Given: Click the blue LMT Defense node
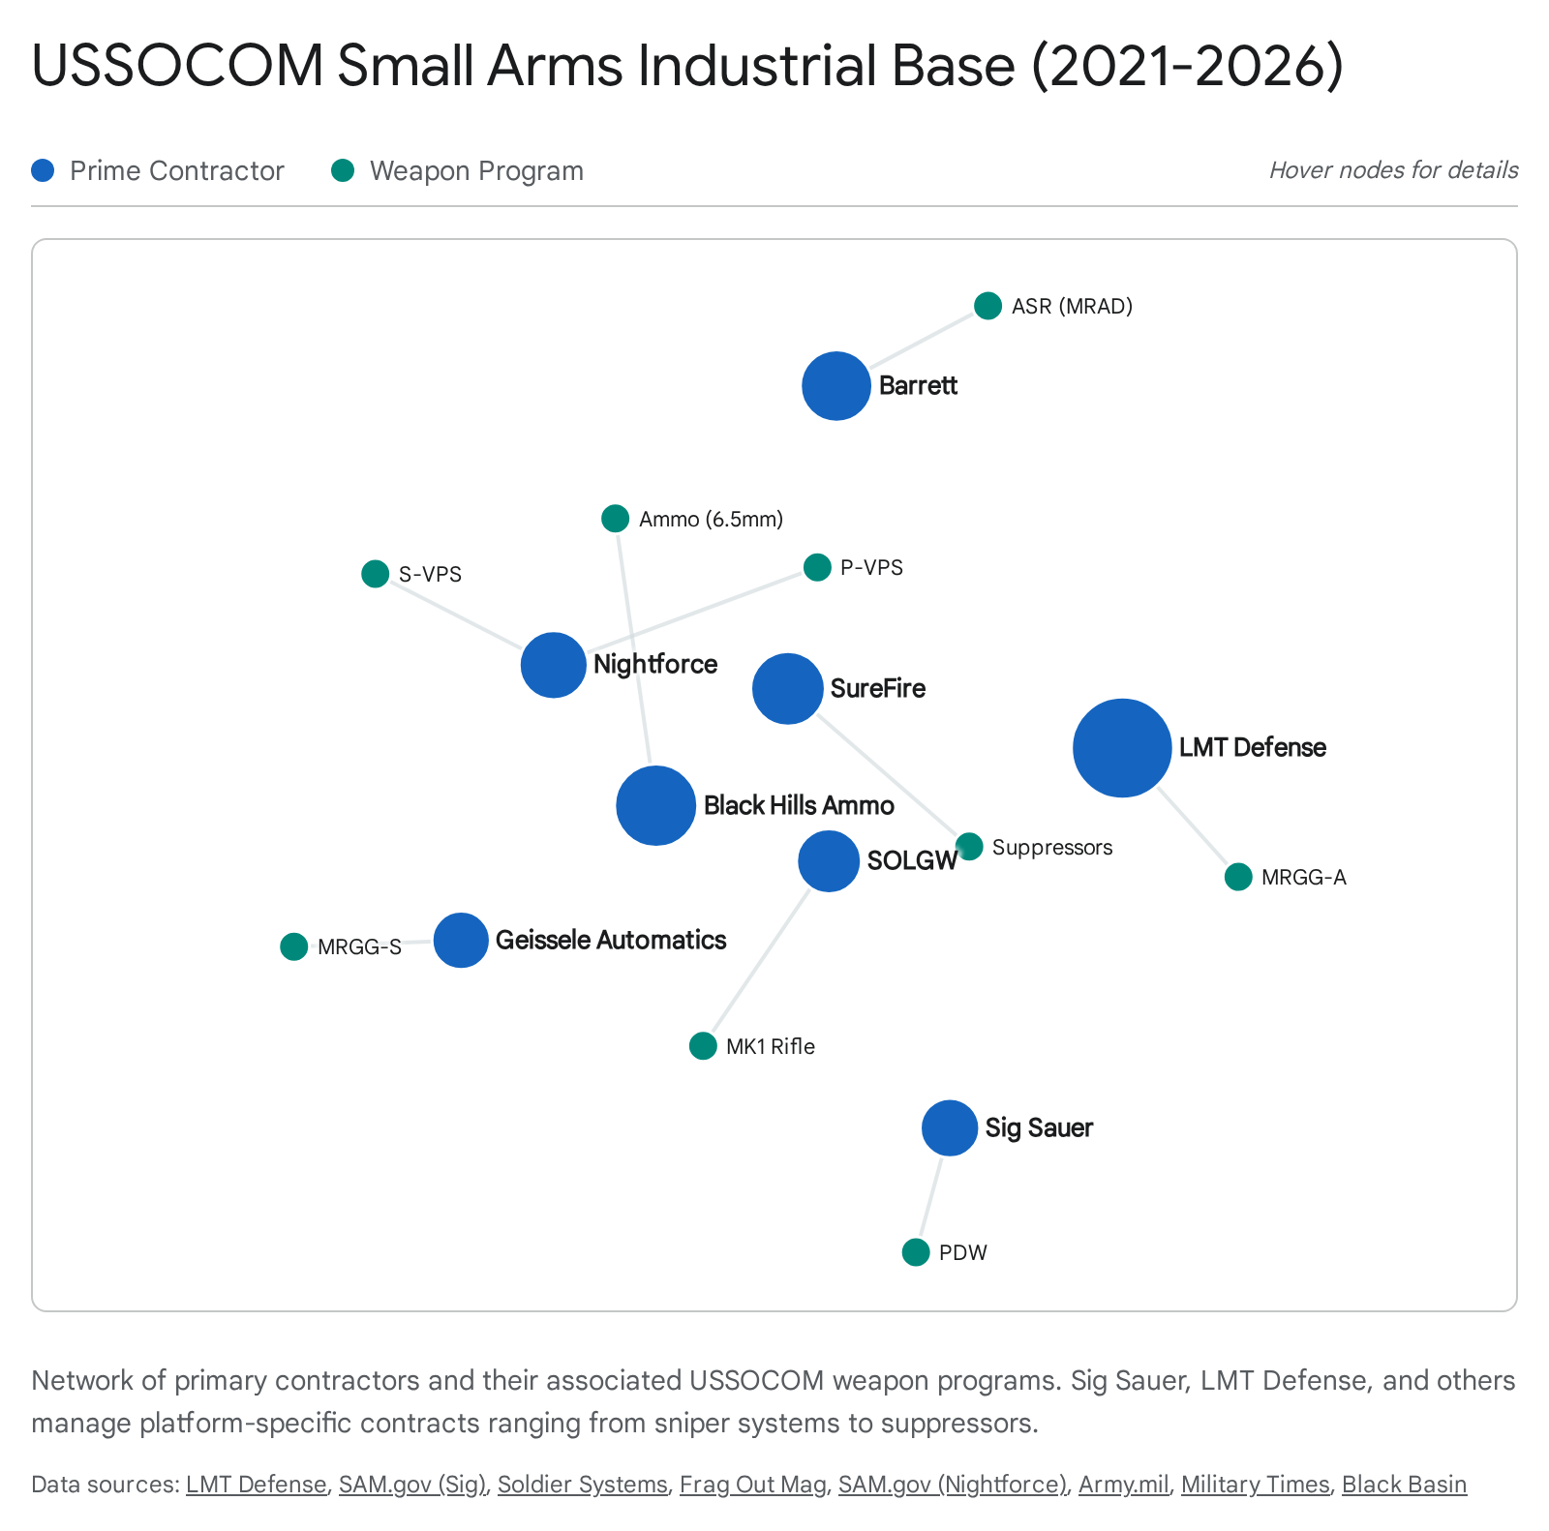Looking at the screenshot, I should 1122,747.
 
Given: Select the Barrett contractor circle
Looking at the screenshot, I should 836,386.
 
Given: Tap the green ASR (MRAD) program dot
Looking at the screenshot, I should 987,306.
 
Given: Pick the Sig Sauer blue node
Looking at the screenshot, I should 950,1127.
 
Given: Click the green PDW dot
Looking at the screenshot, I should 915,1252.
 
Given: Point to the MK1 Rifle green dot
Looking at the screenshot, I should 703,1046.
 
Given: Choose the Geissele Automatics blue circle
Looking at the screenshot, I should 461,940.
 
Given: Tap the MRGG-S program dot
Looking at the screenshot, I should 293,946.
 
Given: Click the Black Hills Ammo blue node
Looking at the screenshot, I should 655,805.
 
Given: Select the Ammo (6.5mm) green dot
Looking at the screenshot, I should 615,519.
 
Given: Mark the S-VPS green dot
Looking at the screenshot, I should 375,574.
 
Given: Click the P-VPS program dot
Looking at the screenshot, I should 817,567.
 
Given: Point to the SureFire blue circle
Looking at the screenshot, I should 787,688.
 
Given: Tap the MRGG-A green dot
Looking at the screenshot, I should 1238,877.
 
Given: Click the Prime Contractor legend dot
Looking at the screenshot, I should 43,170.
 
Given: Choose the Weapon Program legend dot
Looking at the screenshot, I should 343,170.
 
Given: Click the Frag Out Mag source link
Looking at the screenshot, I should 752,1485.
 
